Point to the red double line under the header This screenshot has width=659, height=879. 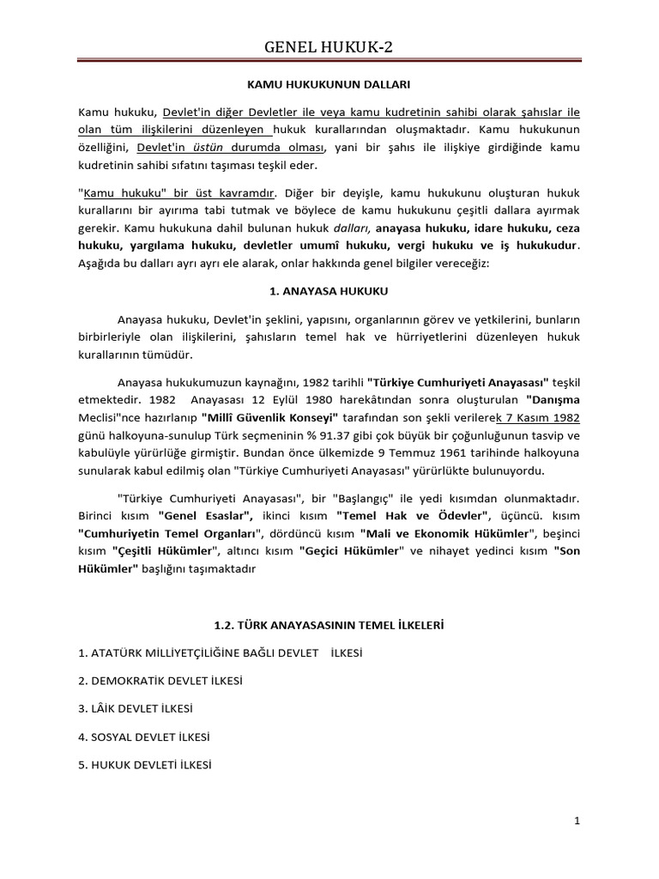pos(329,61)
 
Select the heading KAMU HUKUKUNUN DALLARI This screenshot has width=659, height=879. pos(329,86)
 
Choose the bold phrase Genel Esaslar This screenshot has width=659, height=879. pos(205,515)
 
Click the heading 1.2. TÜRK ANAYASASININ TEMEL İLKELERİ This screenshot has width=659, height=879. pos(329,627)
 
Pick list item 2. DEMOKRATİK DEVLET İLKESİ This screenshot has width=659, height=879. pos(160,681)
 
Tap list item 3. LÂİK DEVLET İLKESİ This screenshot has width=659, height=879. pos(136,709)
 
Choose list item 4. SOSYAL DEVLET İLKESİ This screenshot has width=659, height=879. pos(144,737)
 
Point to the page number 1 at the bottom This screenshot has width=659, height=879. pos(577,821)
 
